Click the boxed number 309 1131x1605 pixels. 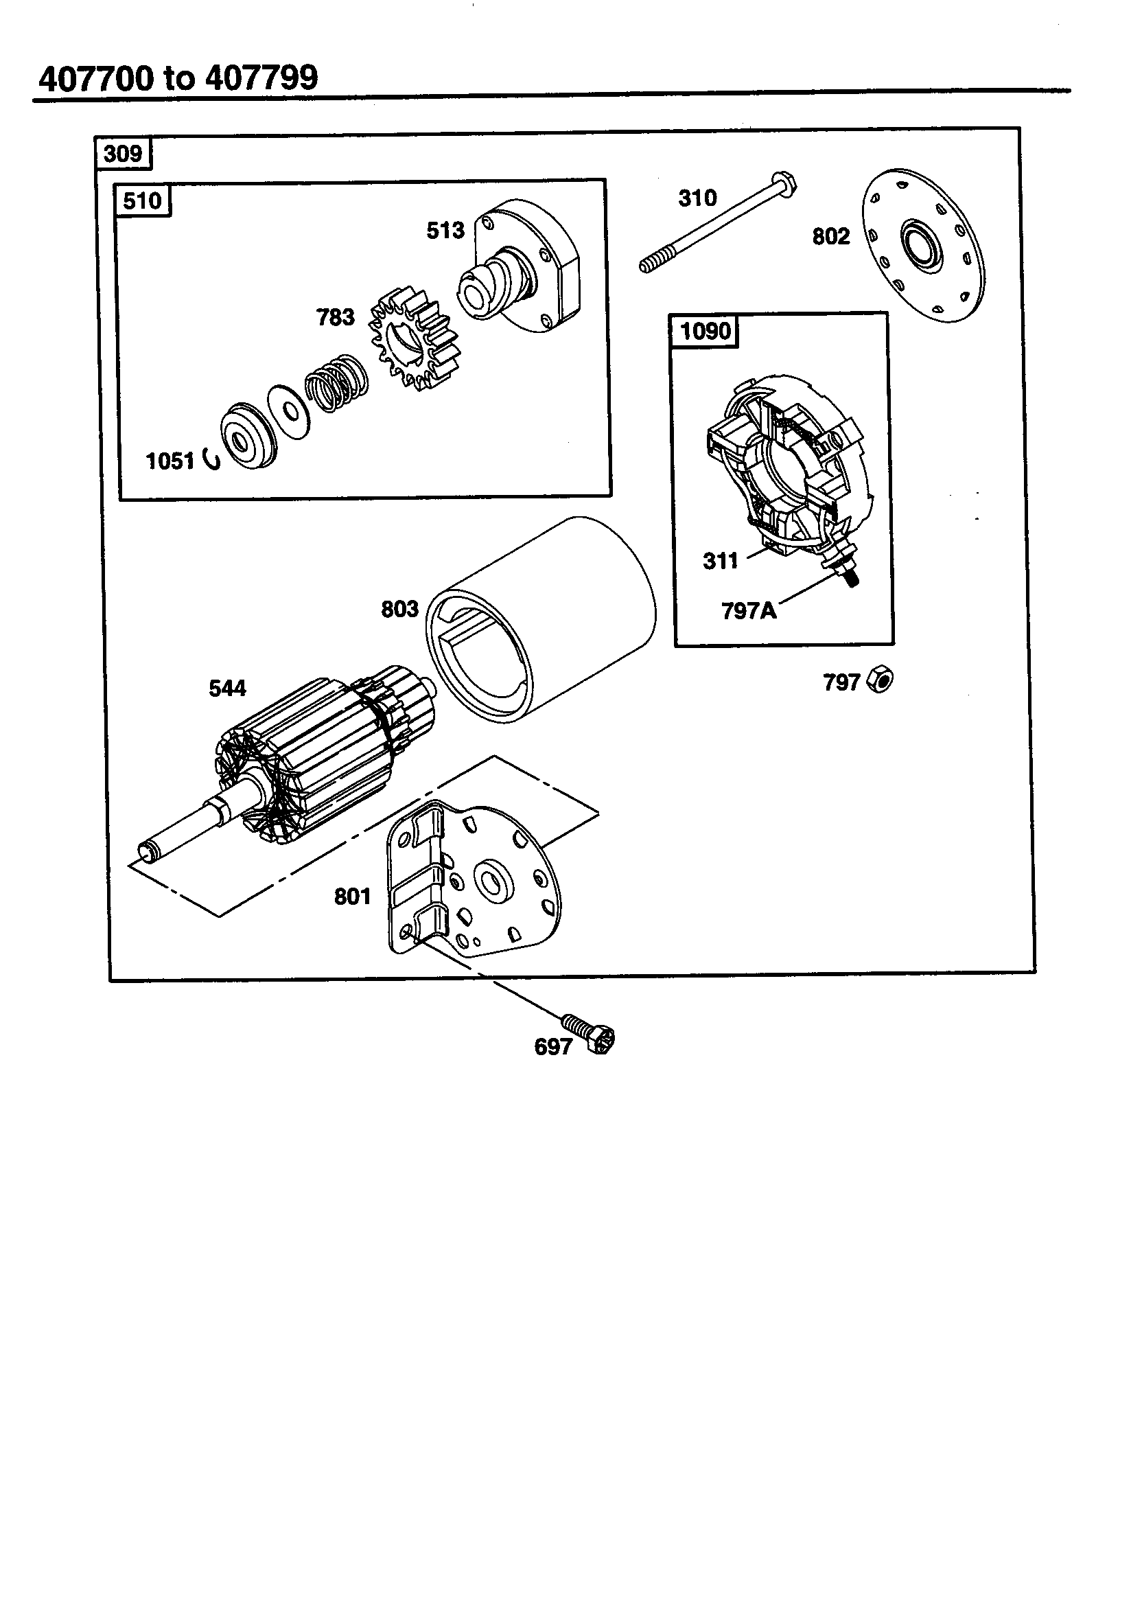click(x=123, y=154)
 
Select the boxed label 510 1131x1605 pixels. click(x=142, y=201)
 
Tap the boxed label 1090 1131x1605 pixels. click(x=705, y=331)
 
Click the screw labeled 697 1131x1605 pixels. click(x=592, y=1034)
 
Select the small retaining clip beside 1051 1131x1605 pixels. click(x=211, y=459)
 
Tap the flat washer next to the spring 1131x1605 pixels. click(x=288, y=412)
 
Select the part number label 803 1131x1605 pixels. click(x=399, y=609)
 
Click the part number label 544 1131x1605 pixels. click(x=227, y=689)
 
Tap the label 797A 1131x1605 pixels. click(x=748, y=611)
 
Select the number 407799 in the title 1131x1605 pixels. click(x=261, y=78)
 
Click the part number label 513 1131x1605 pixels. click(x=445, y=231)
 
